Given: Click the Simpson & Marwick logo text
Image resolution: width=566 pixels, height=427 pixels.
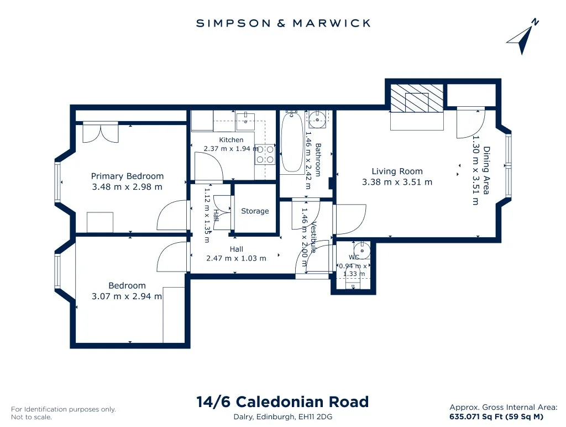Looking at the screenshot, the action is pyautogui.click(x=283, y=23).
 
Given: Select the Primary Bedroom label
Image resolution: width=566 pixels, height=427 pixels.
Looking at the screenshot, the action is pyautogui.click(x=127, y=176).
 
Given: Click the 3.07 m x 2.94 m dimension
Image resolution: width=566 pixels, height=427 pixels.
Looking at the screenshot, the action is pyautogui.click(x=127, y=296).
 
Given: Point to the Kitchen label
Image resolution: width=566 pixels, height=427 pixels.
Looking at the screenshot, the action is pyautogui.click(x=231, y=140).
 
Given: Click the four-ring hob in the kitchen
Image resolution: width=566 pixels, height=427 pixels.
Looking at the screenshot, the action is pyautogui.click(x=265, y=154).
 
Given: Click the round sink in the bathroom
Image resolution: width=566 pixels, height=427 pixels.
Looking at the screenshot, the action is pyautogui.click(x=317, y=119).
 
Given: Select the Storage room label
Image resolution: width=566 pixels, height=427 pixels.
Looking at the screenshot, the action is pyautogui.click(x=255, y=211).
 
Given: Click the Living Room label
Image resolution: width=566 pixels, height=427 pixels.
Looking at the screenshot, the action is pyautogui.click(x=397, y=171).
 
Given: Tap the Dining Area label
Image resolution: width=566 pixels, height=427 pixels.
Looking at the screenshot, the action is pyautogui.click(x=486, y=170).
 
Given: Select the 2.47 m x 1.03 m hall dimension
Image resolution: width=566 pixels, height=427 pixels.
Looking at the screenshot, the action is pyautogui.click(x=236, y=258).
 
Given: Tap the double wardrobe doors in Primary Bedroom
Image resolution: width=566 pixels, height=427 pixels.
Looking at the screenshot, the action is pyautogui.click(x=101, y=133).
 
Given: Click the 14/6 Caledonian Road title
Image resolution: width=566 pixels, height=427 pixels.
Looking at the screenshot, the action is pyautogui.click(x=282, y=402).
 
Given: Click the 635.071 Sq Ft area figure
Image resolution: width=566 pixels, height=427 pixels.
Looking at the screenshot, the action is pyautogui.click(x=476, y=416).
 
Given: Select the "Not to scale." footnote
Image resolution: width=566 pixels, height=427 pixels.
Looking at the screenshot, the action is pyautogui.click(x=32, y=417).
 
